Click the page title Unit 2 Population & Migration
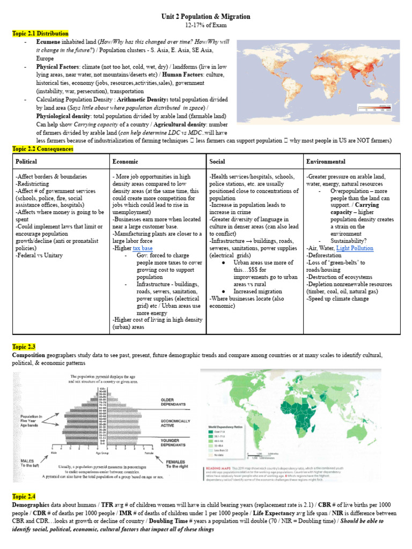(206, 17)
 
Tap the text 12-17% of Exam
(206, 25)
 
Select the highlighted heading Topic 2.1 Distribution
(40, 34)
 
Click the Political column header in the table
(27, 161)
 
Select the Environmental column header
(326, 161)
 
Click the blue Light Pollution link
(355, 248)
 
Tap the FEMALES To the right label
(179, 464)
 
